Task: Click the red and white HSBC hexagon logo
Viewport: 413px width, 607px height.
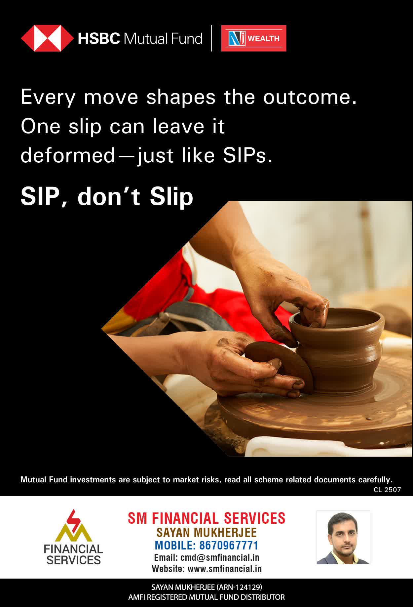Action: point(48,38)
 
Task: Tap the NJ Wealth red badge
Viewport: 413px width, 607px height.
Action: point(254,38)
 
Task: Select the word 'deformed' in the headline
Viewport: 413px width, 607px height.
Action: point(68,155)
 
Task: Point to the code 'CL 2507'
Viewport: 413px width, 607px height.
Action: point(387,490)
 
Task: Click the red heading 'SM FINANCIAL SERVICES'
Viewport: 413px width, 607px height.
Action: point(207,518)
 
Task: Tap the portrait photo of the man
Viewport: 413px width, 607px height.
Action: point(343,537)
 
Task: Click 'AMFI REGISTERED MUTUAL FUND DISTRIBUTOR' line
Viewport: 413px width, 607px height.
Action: point(207,597)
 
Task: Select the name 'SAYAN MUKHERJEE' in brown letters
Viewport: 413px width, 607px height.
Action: point(207,532)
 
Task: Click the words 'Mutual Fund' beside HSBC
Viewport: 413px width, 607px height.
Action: point(163,38)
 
